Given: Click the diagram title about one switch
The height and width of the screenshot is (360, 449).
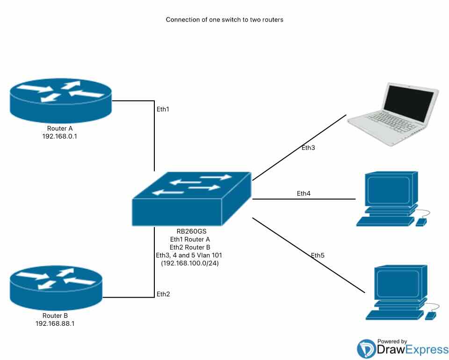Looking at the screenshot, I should (224, 20).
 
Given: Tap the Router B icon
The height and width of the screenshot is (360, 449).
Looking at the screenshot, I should (56, 285).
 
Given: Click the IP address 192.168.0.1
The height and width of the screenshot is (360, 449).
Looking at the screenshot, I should (60, 136).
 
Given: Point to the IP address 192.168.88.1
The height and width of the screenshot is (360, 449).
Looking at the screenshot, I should (55, 323).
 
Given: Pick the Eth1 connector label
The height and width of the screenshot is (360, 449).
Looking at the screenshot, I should (162, 109).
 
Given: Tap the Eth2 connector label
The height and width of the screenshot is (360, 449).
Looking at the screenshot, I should (163, 294).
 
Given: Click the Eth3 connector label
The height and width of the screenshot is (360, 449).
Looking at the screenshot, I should (308, 148).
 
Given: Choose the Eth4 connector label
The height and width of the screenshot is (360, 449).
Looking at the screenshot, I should (304, 193).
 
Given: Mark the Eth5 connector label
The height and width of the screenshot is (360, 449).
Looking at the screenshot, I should (318, 256).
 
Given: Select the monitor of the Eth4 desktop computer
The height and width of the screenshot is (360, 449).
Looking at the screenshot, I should (389, 190).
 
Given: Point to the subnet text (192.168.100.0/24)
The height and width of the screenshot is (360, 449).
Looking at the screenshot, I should (190, 263).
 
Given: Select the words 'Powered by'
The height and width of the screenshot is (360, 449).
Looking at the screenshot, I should (391, 341).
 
